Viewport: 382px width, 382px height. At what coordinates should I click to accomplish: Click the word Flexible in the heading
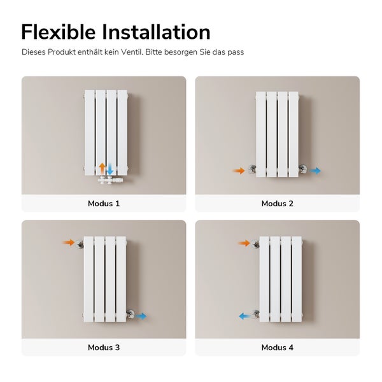(59, 32)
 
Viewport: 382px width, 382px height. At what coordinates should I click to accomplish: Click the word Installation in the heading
(156, 32)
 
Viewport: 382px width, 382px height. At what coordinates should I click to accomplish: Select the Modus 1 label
(104, 204)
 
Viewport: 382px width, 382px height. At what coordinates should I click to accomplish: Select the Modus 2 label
(277, 204)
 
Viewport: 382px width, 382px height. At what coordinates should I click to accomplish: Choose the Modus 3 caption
(104, 348)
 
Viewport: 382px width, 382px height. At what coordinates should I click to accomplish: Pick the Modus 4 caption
(277, 348)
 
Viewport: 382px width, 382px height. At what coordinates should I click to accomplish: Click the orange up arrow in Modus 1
(103, 168)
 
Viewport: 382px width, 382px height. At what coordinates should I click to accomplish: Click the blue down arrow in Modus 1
(110, 169)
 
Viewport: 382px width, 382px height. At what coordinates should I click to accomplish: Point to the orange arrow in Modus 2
(239, 171)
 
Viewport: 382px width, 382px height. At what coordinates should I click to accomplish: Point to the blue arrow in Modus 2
(316, 171)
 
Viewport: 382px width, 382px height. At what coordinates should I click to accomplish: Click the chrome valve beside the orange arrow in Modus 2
(252, 169)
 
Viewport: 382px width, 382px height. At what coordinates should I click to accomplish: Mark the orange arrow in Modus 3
(69, 243)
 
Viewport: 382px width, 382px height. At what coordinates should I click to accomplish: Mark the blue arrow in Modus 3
(141, 316)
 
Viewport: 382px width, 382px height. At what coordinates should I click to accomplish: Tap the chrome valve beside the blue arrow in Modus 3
(131, 314)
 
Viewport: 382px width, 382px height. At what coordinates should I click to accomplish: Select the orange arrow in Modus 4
(244, 243)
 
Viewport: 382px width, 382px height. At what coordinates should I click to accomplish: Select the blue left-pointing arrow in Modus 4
(245, 316)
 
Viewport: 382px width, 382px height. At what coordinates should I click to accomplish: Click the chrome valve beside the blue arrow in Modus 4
(256, 315)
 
